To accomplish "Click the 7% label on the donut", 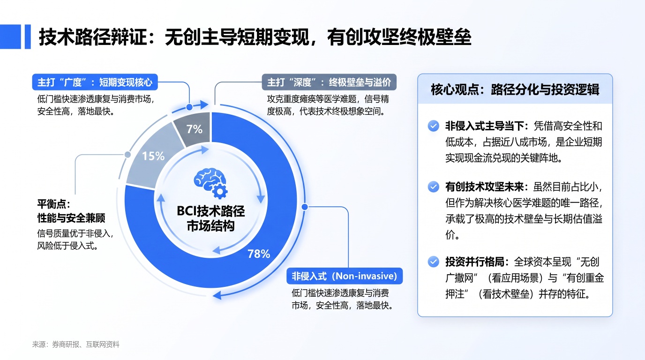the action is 195,129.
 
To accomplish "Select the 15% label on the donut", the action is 153,156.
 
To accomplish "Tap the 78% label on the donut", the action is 259,254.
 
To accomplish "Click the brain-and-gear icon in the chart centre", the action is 211,183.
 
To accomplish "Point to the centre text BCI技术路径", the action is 211,211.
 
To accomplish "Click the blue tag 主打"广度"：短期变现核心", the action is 95,82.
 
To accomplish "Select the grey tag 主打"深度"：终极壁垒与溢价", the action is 329,82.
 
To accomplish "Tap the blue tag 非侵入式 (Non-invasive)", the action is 345,276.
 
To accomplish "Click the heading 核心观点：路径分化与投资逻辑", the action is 515,90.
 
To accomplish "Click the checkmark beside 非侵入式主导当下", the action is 433,126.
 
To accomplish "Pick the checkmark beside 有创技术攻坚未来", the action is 433,187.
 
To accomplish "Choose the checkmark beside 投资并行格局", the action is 433,262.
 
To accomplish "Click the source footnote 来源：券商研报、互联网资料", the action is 76,345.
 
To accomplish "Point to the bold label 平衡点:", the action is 54,204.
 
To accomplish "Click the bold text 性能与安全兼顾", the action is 71,218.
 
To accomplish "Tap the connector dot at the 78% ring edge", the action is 305,207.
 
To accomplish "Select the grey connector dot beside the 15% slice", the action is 127,155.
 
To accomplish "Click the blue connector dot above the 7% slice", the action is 189,107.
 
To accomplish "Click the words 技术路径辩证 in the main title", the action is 93,37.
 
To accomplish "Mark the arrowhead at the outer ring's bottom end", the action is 217,295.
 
